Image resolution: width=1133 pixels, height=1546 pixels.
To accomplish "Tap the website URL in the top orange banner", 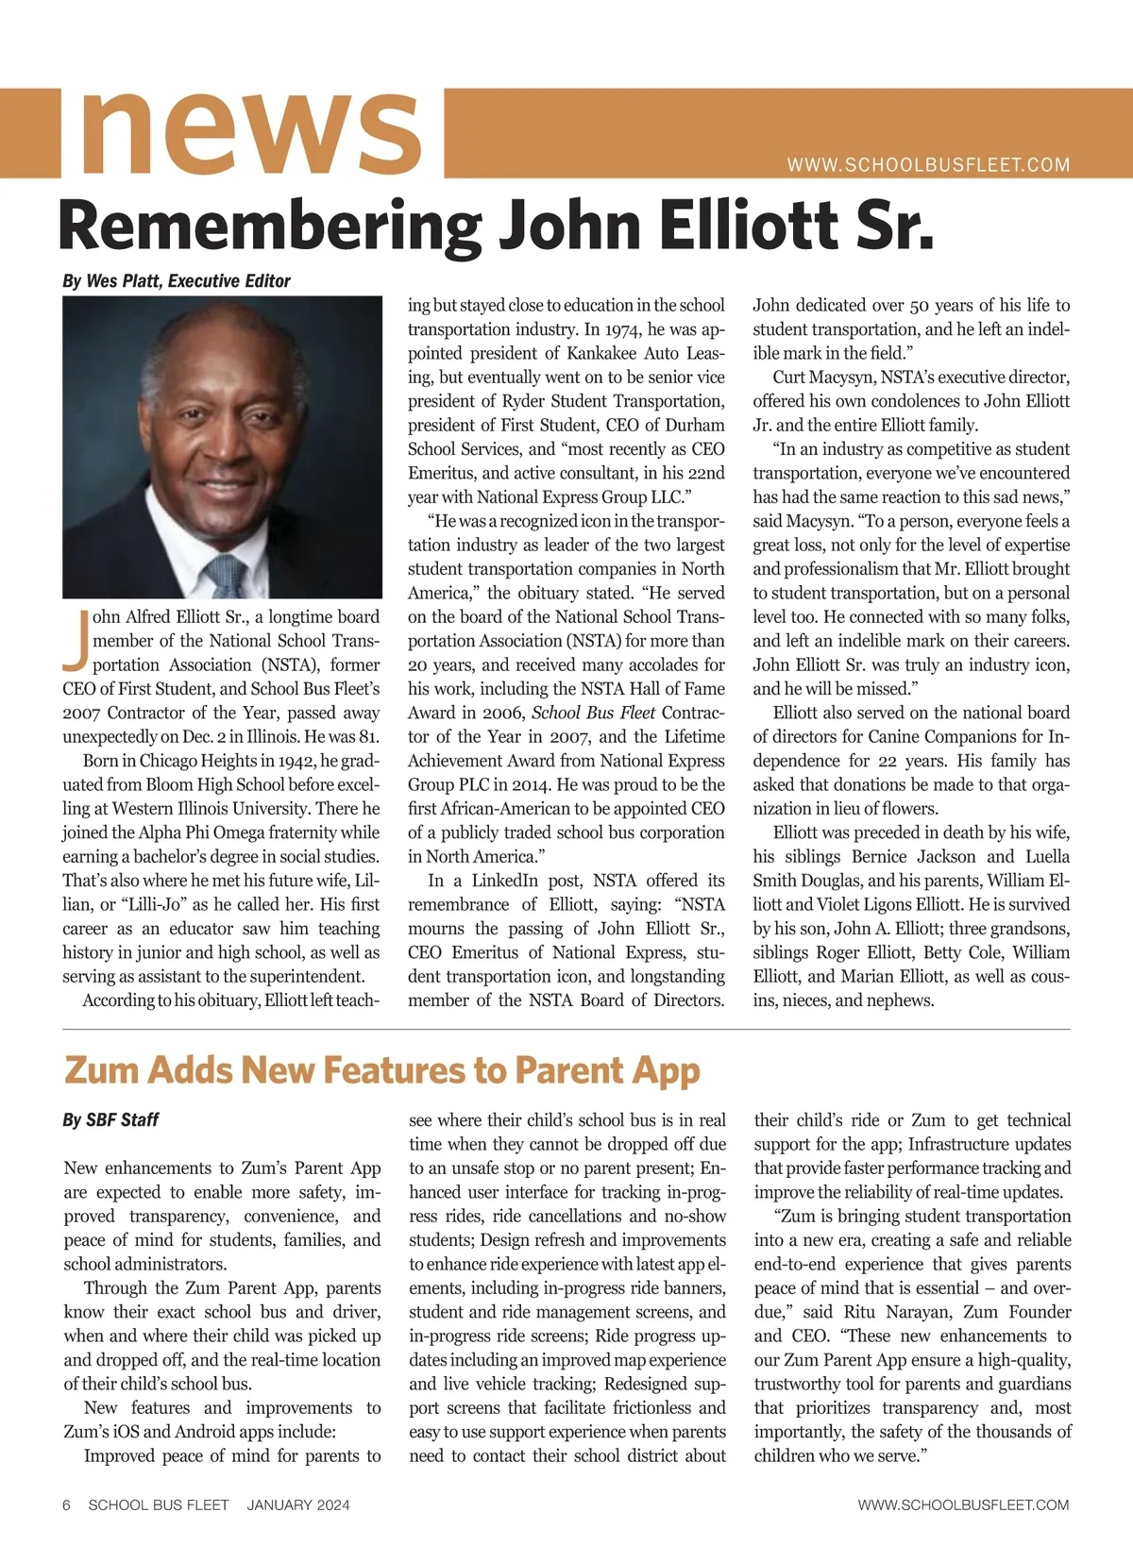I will point(928,165).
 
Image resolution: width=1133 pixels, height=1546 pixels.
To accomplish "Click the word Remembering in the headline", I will point(269,227).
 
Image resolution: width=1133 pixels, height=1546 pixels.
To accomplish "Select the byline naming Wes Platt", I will point(177,281).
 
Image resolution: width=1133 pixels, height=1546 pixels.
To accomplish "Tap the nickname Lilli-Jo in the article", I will point(148,904).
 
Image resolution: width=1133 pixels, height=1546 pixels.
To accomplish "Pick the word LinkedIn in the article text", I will point(505,881).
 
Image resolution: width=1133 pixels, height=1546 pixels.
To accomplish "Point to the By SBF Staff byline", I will point(110,1120).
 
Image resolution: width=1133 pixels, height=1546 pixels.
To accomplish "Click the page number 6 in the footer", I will point(66,1505).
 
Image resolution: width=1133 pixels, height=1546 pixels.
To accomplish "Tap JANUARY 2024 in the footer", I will point(298,1505).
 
